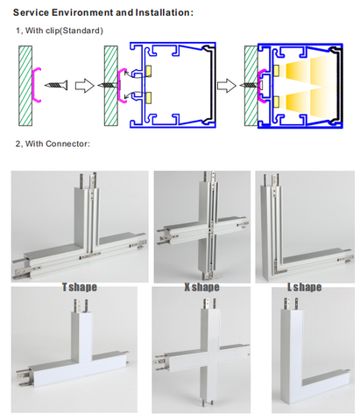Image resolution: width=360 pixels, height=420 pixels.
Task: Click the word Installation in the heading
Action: click(163, 12)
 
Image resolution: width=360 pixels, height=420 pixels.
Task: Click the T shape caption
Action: click(80, 287)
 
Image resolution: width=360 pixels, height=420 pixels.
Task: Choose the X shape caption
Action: click(201, 287)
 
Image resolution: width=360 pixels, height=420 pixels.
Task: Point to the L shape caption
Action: click(304, 287)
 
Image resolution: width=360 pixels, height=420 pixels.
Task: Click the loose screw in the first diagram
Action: click(56, 85)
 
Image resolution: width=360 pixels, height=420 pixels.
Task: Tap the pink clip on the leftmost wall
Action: click(35, 85)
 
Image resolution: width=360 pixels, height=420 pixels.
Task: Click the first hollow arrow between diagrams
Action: click(85, 86)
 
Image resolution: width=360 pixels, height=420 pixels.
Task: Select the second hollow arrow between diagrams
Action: click(227, 86)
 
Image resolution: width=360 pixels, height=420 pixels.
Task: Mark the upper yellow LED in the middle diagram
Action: click(148, 70)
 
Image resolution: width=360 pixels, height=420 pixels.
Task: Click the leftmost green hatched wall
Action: click(25, 86)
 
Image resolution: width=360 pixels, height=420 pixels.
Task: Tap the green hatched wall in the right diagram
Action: click(251, 86)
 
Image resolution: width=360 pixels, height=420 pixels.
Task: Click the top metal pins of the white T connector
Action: click(81, 305)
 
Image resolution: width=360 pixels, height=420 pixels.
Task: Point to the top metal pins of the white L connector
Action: click(290, 304)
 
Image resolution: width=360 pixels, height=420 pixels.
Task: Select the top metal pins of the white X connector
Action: click(209, 303)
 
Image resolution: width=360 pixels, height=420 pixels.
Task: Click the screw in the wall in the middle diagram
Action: click(109, 85)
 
